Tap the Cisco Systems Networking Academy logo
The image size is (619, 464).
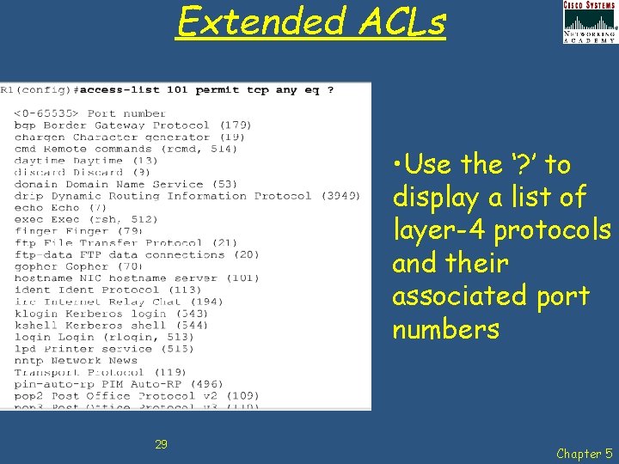coord(589,21)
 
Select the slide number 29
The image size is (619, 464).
coord(161,444)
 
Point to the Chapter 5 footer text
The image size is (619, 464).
coord(584,453)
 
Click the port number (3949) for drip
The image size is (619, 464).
coord(340,196)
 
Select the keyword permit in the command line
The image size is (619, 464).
coord(218,89)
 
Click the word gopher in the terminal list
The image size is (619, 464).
coord(36,267)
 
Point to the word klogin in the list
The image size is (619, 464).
coord(36,314)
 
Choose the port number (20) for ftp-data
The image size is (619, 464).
coord(244,255)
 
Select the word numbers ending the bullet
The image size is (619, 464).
coord(445,329)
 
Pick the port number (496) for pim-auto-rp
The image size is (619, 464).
coord(207,385)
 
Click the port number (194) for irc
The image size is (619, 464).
coord(207,302)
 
